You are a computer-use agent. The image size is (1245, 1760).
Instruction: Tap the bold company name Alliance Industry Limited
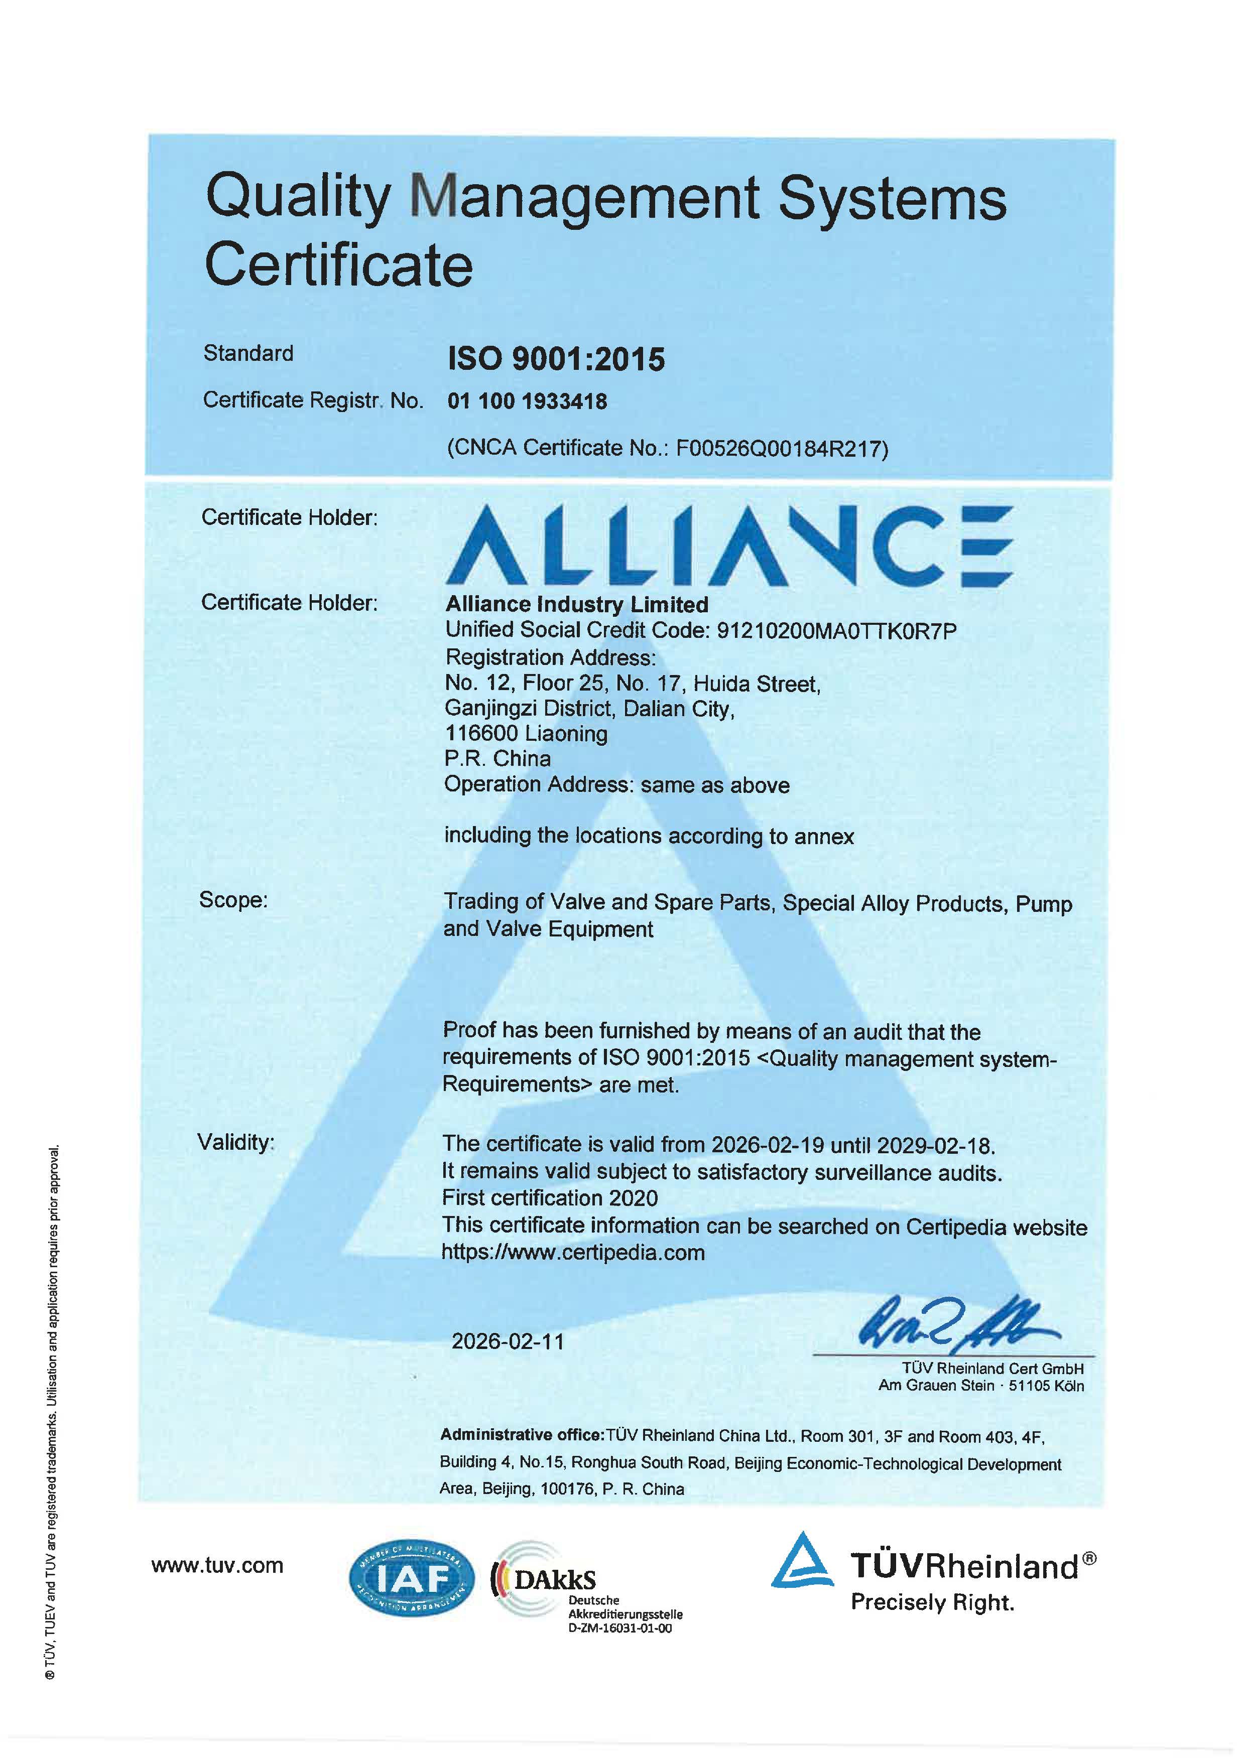click(576, 604)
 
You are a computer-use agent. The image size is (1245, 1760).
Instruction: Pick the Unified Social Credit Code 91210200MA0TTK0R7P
click(836, 631)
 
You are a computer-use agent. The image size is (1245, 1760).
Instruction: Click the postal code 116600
click(480, 734)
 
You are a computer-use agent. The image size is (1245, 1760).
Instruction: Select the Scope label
click(233, 899)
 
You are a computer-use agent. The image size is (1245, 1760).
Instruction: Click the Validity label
click(235, 1142)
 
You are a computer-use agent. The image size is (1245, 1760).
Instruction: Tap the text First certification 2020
click(550, 1197)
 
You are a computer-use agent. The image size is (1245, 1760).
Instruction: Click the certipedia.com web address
click(573, 1253)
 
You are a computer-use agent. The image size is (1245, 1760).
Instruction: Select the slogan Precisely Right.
click(932, 1602)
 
